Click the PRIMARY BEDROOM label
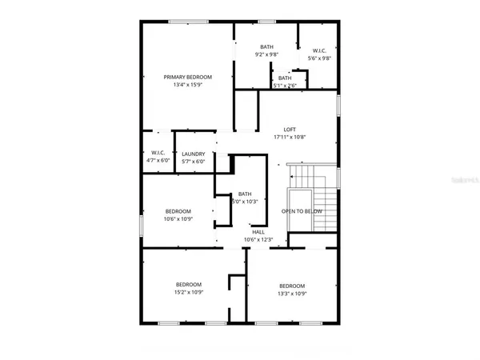point(187,77)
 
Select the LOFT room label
point(290,129)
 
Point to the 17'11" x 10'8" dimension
point(290,137)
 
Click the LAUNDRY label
point(193,154)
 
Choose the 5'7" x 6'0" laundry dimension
point(193,162)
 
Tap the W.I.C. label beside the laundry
point(158,154)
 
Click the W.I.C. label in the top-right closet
point(318,50)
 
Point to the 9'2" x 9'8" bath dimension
point(267,55)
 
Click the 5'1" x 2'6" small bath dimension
point(285,85)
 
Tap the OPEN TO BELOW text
point(302,211)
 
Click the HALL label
point(258,231)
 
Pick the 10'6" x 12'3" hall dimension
point(258,239)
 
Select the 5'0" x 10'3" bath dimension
point(245,202)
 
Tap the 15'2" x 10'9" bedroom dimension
point(189,294)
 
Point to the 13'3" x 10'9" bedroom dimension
point(291,294)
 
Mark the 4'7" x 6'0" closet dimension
point(158,162)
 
